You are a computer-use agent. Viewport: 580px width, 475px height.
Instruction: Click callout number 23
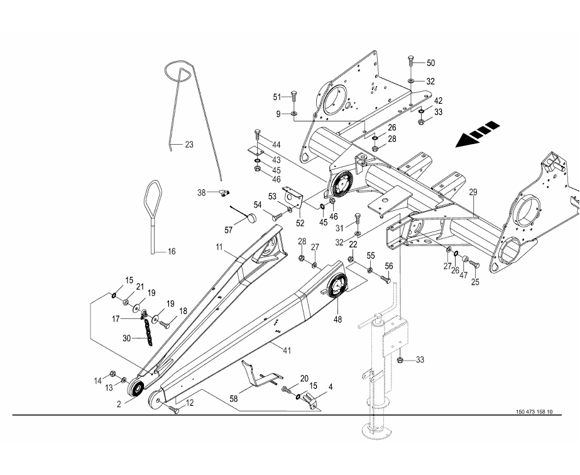189,145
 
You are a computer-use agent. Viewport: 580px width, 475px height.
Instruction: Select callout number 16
171,252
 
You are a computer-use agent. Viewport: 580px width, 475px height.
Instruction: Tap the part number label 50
430,64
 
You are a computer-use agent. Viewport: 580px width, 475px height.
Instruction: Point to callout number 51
277,97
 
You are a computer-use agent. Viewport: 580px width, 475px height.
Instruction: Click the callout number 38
202,193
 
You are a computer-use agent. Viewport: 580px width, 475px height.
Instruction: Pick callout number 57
229,230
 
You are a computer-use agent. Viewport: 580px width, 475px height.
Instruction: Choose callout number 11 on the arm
220,248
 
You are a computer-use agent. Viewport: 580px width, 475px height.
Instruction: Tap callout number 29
473,191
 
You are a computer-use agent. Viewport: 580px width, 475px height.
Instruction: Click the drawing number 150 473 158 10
533,412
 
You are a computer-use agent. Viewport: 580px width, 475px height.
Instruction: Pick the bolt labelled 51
295,98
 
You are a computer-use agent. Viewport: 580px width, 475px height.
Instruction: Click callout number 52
300,222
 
